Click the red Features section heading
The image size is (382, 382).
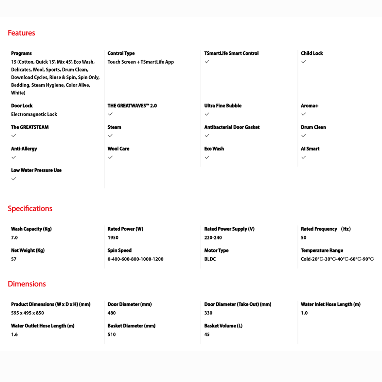coord(21,33)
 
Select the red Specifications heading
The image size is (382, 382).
coord(30,209)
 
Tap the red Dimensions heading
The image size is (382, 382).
coord(27,284)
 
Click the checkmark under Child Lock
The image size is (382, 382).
coord(303,62)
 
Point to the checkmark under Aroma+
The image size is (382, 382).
coord(303,114)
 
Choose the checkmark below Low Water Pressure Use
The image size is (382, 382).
coord(14,179)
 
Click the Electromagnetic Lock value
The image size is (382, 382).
coord(34,114)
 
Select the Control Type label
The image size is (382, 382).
coord(121,53)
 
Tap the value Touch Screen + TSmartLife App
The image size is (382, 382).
coord(141,62)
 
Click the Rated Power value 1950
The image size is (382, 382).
coord(113,238)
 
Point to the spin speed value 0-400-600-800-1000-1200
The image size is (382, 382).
coord(135,259)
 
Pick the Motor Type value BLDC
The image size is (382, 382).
coord(210,259)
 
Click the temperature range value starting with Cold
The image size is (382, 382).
coord(337,259)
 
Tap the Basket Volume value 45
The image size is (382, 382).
coord(207,334)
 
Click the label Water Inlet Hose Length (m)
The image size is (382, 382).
coord(330,304)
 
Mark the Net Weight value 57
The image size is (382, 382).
coord(14,259)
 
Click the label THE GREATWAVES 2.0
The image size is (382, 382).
coord(132,106)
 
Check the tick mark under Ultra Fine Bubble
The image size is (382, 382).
coord(207,114)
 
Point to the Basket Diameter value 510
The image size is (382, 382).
coord(112,334)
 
